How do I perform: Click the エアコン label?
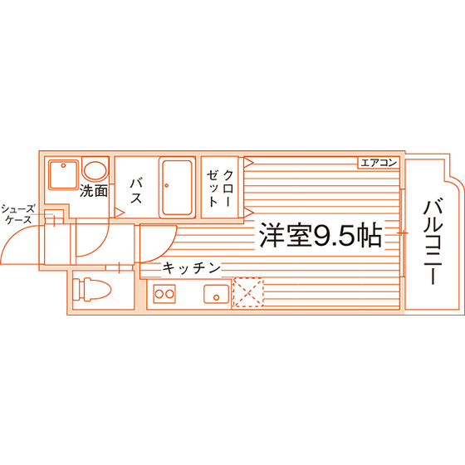point(379,163)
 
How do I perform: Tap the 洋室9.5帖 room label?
point(321,236)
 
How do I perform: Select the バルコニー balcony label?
point(433,242)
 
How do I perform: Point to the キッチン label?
point(192,268)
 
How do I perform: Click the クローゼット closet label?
point(220,188)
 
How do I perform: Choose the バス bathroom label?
point(136,191)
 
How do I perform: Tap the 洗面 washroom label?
point(93,191)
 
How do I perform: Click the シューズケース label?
point(17,214)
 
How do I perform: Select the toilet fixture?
point(91,290)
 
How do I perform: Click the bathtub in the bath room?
point(177,188)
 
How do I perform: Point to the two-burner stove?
point(164,294)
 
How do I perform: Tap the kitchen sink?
point(217,294)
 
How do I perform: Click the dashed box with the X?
point(248,292)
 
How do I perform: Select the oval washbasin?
point(95,170)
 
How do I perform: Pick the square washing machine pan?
point(63,174)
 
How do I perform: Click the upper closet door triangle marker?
point(248,162)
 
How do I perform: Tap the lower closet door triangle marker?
point(248,213)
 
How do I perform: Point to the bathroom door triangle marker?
point(120,213)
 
